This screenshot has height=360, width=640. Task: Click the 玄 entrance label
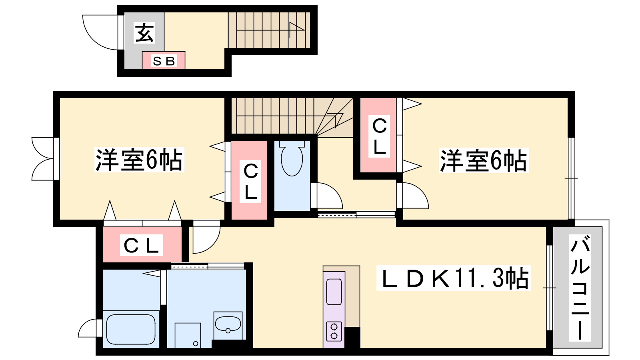coord(144,33)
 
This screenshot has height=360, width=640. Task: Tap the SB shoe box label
coord(164,61)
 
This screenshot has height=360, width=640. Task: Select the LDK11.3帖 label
coord(454,278)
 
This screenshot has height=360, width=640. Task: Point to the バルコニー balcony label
coord(580,288)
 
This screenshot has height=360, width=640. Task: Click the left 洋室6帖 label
coord(139,160)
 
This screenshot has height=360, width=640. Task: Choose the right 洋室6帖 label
coord(484,160)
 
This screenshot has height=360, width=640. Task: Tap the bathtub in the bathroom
coord(131,329)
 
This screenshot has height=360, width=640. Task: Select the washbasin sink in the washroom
coord(228,325)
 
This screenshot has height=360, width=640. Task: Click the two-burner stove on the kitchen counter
coord(334,332)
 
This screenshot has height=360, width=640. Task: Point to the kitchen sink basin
coord(334,292)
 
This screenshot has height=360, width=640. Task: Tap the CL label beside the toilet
coord(250,182)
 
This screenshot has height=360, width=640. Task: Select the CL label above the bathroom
coord(142,245)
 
